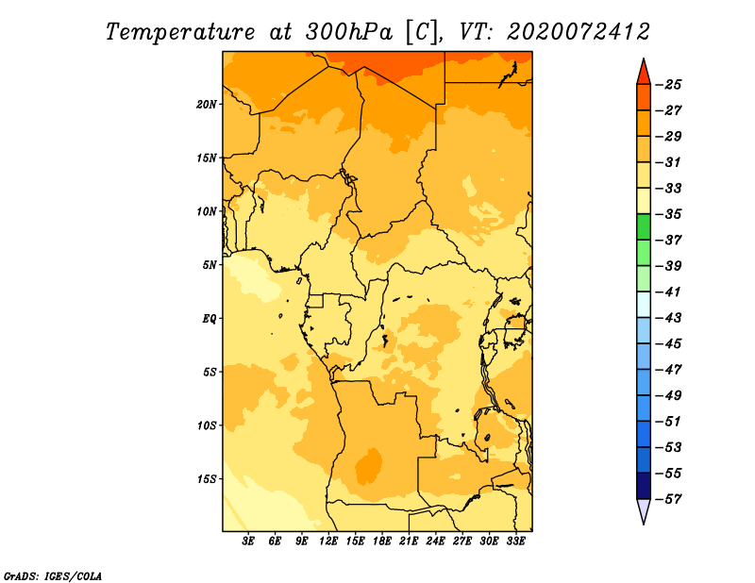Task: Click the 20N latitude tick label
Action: point(207,105)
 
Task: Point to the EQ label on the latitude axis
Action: point(210,319)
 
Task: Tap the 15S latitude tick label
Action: point(207,479)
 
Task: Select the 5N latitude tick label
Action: point(210,265)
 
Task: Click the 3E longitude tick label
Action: point(248,541)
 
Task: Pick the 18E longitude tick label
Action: point(382,541)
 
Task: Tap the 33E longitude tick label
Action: point(515,541)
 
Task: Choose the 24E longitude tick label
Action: point(435,541)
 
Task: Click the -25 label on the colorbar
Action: point(668,85)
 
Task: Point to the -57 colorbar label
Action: point(668,499)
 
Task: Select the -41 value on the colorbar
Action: point(668,292)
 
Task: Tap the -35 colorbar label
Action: point(668,214)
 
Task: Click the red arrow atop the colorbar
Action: point(644,74)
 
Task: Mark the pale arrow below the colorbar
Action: point(644,509)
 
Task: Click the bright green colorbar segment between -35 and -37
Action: point(644,226)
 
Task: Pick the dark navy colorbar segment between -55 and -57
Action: point(644,486)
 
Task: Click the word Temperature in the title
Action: point(180,32)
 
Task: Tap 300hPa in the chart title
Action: point(348,32)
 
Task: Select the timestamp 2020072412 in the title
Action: point(579,32)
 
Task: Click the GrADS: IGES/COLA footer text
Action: point(53,576)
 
